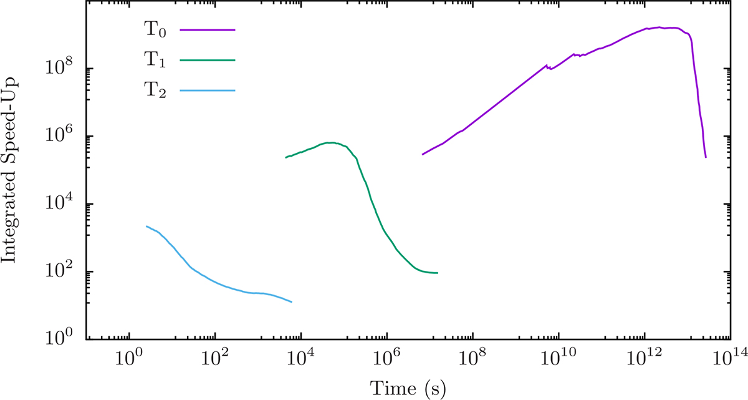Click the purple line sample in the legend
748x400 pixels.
coord(207,29)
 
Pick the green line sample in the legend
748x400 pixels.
coord(207,61)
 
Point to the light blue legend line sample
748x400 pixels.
coord(207,92)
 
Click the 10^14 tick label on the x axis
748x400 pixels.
coord(730,359)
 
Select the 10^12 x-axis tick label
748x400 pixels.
coord(644,359)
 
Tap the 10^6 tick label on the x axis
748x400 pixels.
coord(386,359)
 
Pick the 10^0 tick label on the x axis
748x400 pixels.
coord(129,359)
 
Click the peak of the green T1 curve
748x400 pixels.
coord(331,142)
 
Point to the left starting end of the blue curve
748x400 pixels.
coord(146,227)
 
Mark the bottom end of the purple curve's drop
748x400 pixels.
coord(706,157)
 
